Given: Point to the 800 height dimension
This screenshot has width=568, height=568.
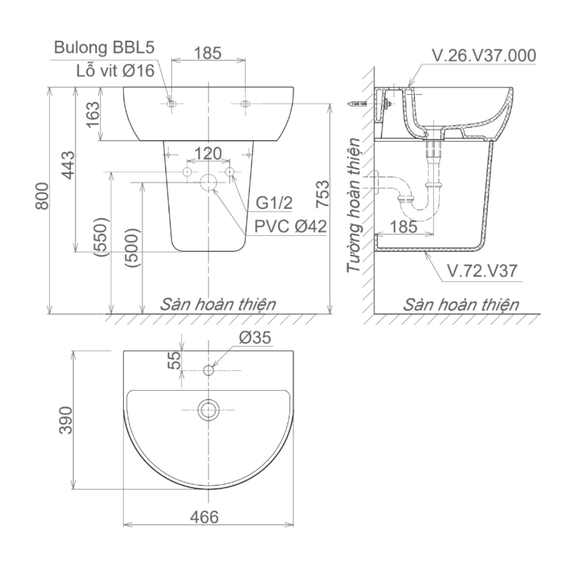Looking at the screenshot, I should tap(43, 199).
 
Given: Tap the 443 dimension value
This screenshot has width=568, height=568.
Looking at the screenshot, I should tap(68, 165).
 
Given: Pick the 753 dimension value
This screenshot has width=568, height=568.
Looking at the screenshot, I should tap(322, 195).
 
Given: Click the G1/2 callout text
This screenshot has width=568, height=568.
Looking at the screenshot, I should tap(274, 203).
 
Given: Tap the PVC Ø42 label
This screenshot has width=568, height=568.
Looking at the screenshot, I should tap(290, 227).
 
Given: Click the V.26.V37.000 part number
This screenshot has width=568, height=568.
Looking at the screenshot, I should tap(483, 56).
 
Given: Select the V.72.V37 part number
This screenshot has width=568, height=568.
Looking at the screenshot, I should tap(482, 271).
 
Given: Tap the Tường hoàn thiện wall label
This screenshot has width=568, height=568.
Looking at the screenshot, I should tap(356, 206).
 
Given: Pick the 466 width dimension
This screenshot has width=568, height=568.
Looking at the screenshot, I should tap(204, 517).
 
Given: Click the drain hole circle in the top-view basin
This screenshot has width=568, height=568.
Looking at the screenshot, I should tap(209, 408).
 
